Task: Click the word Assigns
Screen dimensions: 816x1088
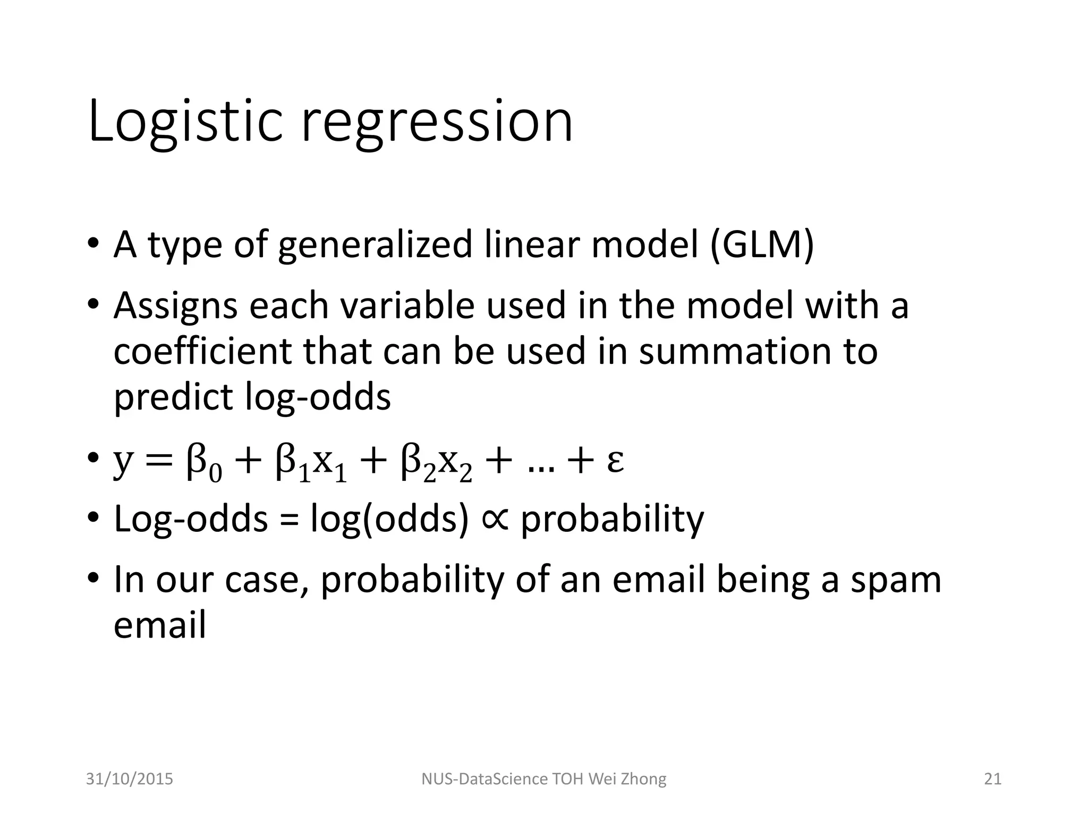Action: [175, 307]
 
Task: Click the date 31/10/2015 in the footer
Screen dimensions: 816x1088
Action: [130, 779]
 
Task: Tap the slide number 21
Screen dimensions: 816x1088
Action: [992, 779]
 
